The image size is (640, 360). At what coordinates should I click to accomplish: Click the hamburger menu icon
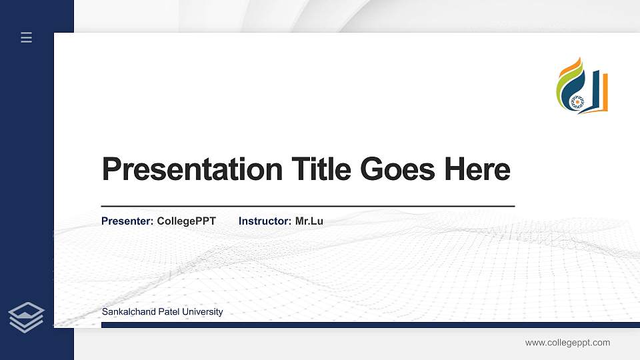click(x=26, y=37)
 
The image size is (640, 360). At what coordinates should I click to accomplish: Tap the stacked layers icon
click(x=26, y=317)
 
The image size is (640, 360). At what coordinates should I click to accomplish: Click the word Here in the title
click(x=477, y=169)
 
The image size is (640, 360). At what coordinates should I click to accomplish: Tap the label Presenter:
click(x=127, y=221)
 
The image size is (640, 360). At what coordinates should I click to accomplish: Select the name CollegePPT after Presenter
click(x=186, y=221)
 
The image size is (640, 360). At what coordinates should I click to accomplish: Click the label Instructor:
click(x=265, y=221)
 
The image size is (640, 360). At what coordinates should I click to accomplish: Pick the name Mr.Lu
click(x=309, y=221)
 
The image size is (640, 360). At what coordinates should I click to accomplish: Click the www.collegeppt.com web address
click(x=567, y=343)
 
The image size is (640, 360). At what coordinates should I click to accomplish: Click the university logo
click(x=582, y=86)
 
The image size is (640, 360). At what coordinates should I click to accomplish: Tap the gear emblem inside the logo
click(x=577, y=101)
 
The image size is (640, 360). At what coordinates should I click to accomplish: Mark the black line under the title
click(x=307, y=207)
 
